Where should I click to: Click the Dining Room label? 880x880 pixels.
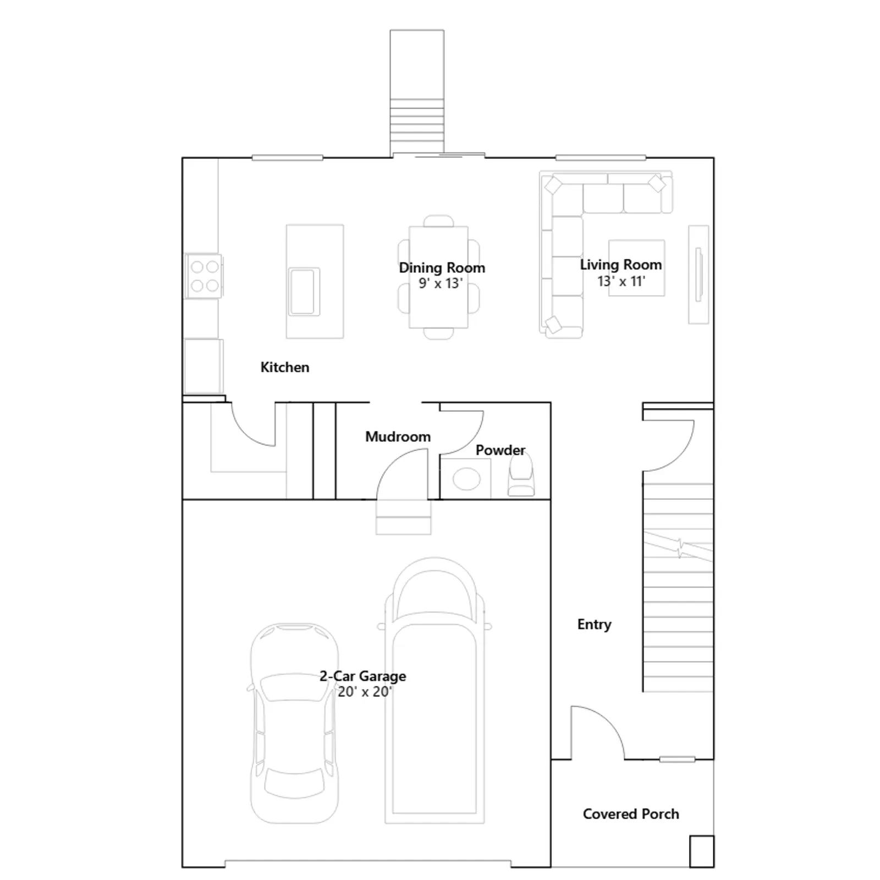tap(442, 268)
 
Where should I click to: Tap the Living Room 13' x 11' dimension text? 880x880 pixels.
tap(621, 282)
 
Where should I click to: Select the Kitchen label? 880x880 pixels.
tap(285, 367)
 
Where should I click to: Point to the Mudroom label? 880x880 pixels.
tap(398, 437)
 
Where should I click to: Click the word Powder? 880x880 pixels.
tap(500, 450)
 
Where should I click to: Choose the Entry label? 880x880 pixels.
tap(594, 625)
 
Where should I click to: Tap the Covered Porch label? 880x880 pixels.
tap(631, 814)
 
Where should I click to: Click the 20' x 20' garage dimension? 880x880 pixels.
tap(364, 692)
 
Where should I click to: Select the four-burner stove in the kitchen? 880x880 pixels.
tap(204, 276)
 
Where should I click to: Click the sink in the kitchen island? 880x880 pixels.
tap(305, 291)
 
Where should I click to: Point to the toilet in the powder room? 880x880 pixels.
tap(520, 476)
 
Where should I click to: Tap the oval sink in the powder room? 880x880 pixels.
tap(466, 479)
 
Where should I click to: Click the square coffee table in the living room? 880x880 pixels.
tap(636, 268)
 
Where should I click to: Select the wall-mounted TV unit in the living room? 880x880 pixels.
tap(698, 274)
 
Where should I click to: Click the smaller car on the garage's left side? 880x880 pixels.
tap(294, 723)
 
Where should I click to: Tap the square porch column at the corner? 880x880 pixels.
tap(702, 852)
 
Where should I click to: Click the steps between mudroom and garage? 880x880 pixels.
tap(403, 517)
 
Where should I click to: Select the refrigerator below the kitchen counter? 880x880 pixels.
tap(204, 366)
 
